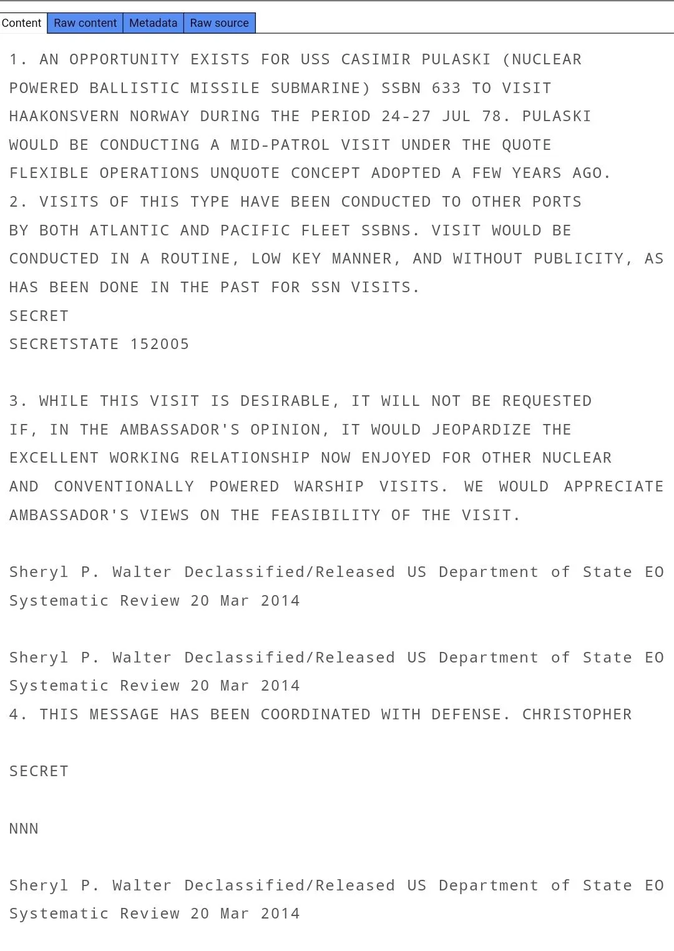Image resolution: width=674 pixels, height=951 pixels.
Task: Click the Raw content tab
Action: coord(85,23)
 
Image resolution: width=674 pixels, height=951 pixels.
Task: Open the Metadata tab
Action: coord(153,23)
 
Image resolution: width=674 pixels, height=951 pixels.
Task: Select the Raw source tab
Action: coord(219,23)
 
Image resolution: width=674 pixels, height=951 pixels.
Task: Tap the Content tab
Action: coord(22,23)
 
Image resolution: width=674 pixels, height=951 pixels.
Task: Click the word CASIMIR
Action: coord(376,59)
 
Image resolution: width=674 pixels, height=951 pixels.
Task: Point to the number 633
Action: coord(446,88)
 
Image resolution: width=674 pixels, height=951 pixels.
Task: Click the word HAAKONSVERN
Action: coord(64,116)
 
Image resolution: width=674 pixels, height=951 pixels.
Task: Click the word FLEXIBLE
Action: coord(49,173)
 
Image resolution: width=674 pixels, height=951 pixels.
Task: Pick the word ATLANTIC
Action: coord(130,230)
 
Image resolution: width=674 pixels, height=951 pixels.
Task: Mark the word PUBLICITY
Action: coord(583,259)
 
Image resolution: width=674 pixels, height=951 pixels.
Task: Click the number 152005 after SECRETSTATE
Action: coord(160,344)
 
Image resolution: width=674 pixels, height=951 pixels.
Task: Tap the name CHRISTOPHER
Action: coord(577,714)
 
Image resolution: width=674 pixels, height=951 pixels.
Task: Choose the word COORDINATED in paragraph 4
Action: coord(316,714)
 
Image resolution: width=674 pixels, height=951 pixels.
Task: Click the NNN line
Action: coord(24,829)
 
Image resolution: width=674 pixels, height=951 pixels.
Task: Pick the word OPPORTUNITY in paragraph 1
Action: coord(125,59)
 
